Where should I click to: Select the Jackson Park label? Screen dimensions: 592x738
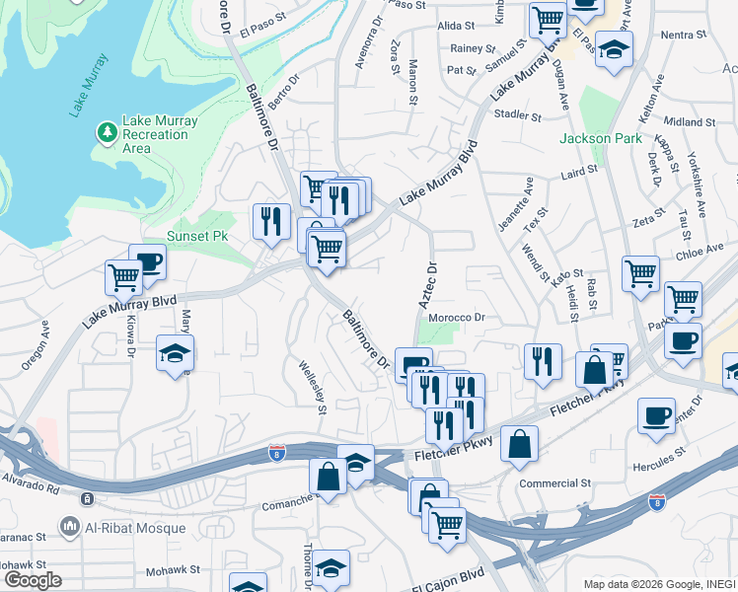click(593, 138)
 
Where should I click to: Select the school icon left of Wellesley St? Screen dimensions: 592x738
click(175, 353)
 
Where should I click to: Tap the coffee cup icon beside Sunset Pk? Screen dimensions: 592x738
click(148, 261)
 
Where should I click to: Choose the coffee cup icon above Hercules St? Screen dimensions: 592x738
click(657, 415)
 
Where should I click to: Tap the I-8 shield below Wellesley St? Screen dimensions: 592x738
click(278, 454)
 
